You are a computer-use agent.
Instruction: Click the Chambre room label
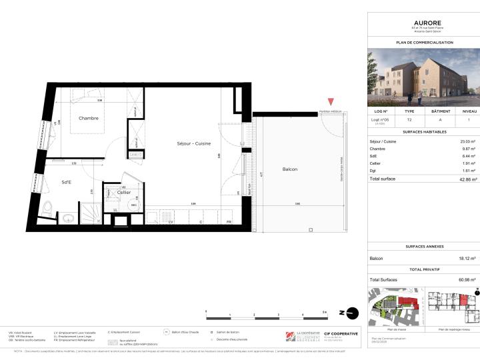[89, 119]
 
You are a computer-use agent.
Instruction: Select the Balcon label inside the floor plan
[289, 169]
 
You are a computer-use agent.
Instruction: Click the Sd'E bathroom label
[67, 182]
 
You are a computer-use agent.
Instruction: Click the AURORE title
[424, 22]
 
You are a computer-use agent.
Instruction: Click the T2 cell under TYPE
[409, 120]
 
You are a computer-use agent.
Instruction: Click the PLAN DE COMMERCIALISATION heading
[424, 42]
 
